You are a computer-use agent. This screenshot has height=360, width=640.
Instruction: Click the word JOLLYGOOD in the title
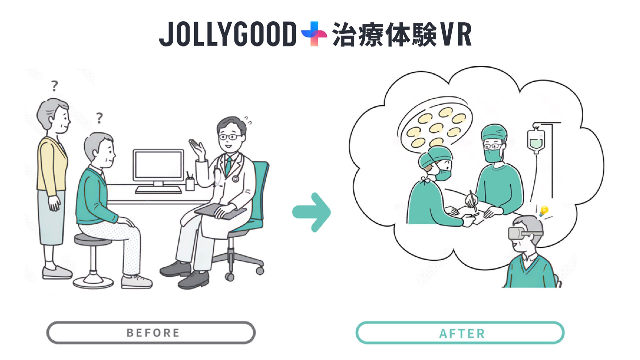point(228,34)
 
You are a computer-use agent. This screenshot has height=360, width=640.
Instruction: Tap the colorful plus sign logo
point(314,33)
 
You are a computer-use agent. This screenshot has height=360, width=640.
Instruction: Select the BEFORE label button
point(151,333)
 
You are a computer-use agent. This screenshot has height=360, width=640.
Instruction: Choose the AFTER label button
point(460,333)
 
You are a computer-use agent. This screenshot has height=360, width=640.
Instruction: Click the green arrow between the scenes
point(312,212)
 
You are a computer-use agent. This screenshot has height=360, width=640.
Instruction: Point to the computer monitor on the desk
point(158,166)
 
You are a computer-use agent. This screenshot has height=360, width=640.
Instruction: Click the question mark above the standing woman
point(54,86)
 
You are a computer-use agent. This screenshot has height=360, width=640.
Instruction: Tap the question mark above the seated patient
point(99,118)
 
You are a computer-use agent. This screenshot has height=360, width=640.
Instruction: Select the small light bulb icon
point(544,211)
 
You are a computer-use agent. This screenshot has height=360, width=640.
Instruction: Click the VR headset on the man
point(518,233)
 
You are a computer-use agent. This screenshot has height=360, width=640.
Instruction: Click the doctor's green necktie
point(228,166)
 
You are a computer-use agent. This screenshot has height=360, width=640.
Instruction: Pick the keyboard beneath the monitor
point(158,190)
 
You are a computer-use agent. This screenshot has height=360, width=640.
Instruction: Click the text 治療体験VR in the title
point(402,35)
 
